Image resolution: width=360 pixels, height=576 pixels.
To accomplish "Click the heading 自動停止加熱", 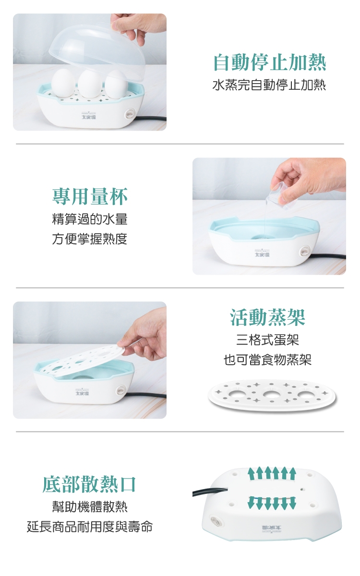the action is (269, 63).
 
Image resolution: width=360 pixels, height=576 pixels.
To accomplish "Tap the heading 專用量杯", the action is (90, 196).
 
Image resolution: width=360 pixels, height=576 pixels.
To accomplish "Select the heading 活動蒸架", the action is (267, 317).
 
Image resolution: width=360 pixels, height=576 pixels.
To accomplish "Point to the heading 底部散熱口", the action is (89, 484).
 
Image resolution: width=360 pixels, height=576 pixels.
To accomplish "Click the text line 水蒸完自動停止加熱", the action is (269, 85).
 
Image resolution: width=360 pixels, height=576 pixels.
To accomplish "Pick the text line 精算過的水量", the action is (90, 219).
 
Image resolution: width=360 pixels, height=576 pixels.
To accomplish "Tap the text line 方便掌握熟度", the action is (90, 239).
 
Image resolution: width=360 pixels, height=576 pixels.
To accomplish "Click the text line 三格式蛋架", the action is (267, 340).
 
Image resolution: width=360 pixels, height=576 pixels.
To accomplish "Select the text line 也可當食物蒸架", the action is (267, 360).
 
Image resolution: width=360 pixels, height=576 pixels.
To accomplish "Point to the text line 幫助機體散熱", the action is (90, 507).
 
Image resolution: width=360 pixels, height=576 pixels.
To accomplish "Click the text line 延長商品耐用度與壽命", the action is (90, 527).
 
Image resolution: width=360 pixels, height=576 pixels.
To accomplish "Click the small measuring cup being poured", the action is (281, 193).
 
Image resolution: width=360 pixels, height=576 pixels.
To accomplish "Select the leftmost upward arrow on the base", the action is (251, 473).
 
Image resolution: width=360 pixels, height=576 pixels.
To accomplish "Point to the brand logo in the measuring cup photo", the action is (262, 253).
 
